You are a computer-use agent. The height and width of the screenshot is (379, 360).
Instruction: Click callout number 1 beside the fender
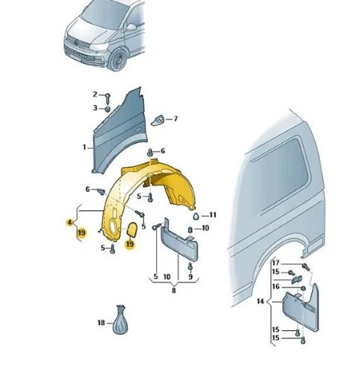click(85, 147)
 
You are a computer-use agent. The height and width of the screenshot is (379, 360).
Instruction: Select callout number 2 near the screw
click(94, 95)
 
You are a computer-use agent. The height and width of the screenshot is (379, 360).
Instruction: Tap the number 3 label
click(95, 108)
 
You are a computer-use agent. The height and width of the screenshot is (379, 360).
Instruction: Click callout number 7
click(175, 119)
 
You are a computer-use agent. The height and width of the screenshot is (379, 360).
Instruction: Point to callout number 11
click(213, 215)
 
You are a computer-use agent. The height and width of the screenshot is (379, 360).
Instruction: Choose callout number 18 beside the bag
click(101, 323)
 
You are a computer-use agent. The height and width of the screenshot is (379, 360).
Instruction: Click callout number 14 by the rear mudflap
click(260, 302)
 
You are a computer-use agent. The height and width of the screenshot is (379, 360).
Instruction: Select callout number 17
click(275, 263)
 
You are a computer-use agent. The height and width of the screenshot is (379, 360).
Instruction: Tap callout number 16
click(275, 287)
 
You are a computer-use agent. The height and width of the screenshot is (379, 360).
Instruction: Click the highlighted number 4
click(70, 222)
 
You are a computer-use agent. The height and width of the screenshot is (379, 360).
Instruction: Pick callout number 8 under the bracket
click(174, 290)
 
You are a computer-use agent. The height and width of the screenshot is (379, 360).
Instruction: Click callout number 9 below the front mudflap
click(190, 277)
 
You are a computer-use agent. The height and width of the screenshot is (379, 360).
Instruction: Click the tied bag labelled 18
click(120, 320)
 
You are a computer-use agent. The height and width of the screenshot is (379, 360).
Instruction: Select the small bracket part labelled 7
click(157, 120)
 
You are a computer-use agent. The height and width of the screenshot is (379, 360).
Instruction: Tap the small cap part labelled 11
click(196, 216)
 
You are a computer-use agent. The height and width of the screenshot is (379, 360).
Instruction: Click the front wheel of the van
click(118, 60)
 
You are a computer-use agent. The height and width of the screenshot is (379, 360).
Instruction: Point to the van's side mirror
click(130, 27)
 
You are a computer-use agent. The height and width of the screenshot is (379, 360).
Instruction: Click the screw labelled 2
click(108, 98)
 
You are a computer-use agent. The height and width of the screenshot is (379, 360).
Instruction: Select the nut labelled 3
click(108, 109)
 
